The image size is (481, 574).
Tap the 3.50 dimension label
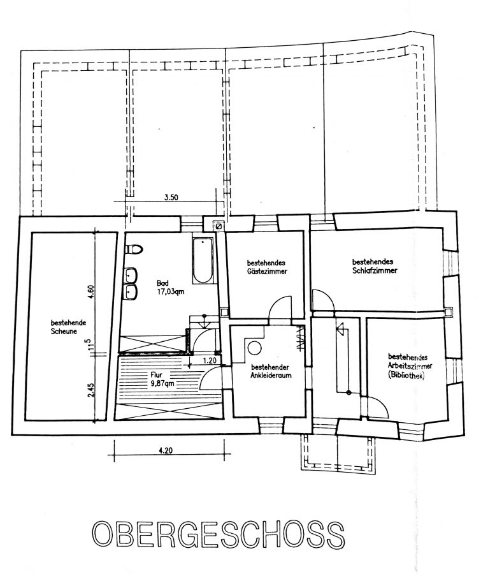[171, 197]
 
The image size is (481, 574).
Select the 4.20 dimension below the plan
[166, 451]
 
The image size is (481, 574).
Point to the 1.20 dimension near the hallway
[210, 360]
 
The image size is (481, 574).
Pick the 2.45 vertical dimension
[92, 390]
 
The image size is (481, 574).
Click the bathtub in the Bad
[203, 260]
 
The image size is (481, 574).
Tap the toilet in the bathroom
[134, 249]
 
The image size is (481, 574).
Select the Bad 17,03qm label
[170, 288]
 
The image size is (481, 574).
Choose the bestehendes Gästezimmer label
[267, 267]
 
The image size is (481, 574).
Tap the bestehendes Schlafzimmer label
[375, 266]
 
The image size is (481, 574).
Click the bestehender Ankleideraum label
[271, 371]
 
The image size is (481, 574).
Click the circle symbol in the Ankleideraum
[254, 348]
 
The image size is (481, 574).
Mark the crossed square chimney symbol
[219, 226]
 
